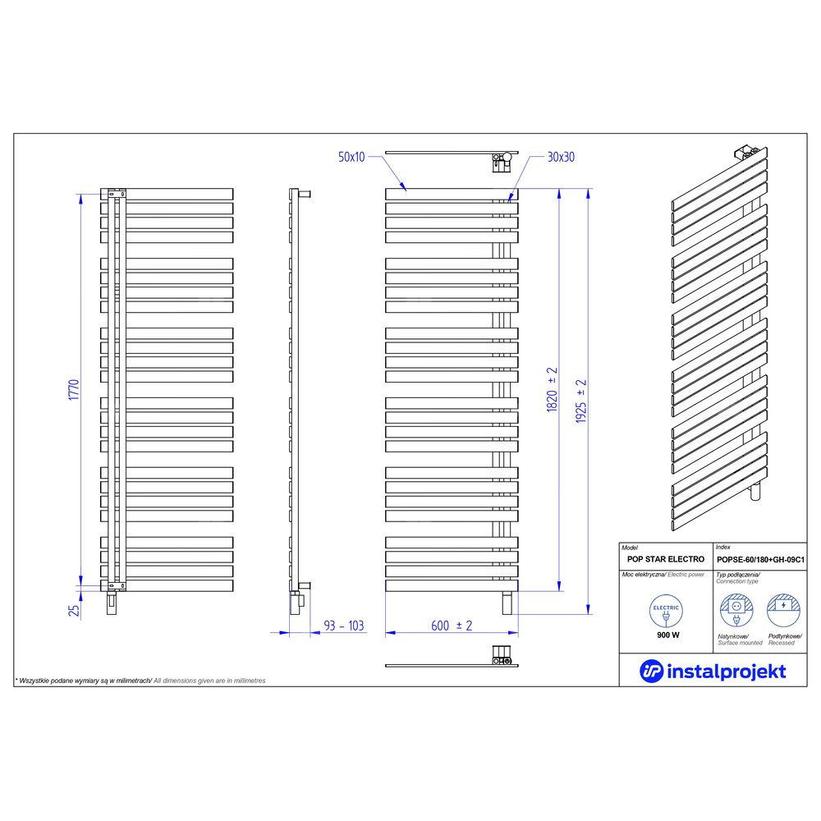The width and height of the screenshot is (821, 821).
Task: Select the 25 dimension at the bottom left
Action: pos(73,610)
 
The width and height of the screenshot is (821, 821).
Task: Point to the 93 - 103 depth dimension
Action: pos(343,626)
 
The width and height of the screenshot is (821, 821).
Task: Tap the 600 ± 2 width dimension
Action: pos(452,626)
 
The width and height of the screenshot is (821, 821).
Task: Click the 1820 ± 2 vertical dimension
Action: pos(552,389)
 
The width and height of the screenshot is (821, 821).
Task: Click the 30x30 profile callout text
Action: pos(560,156)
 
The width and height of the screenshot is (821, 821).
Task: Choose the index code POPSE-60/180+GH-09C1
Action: pos(759,558)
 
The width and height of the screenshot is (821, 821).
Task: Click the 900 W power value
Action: pos(667,635)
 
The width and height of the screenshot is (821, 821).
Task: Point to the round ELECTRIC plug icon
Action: pos(667,612)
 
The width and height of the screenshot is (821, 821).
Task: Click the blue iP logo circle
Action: pos(651,671)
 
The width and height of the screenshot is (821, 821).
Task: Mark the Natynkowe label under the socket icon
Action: pos(733,635)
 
